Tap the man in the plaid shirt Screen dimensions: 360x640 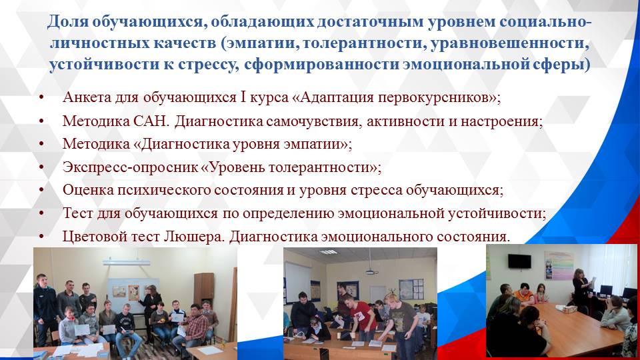point(195,327)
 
